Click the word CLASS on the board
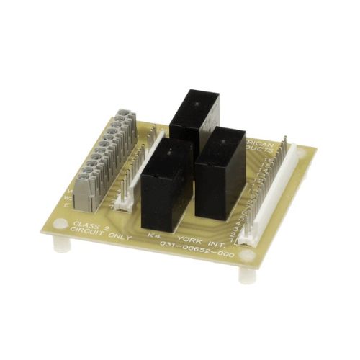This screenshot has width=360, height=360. [x=85, y=225]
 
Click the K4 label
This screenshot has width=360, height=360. [x=152, y=235]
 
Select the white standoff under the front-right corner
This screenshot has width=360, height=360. [x=246, y=274]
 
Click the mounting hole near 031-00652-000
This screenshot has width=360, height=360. [x=246, y=256]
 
